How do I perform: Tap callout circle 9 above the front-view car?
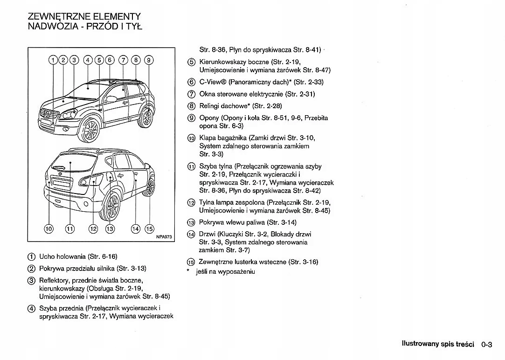point(148,59)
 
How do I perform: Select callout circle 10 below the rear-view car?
point(49,228)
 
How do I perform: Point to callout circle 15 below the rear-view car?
point(149,228)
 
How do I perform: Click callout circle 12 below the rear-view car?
point(94,228)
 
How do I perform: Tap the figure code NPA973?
point(164,237)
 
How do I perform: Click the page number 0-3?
point(487,345)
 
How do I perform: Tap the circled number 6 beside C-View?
point(191,82)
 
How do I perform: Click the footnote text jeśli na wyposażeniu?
point(225,271)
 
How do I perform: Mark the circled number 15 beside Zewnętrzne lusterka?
point(191,262)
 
